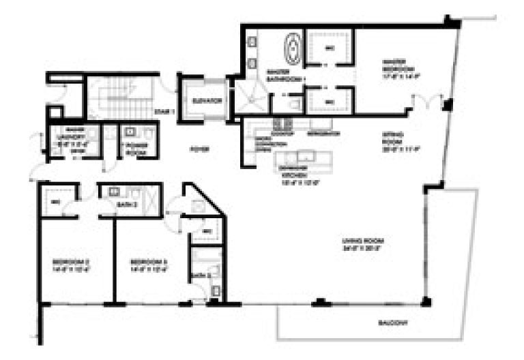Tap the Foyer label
pos(199,149)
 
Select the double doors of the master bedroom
pos(428,104)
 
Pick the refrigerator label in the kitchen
pos(324,134)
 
